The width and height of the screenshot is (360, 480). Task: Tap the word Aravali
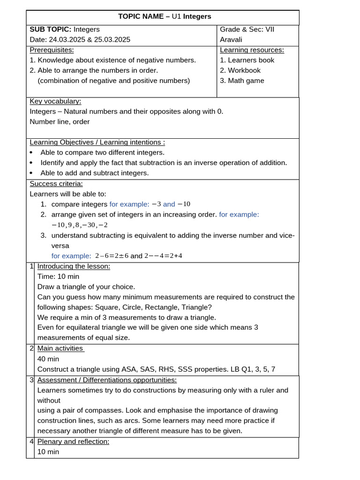pyautogui.click(x=233, y=39)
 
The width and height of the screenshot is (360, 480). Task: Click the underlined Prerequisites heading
pyautogui.click(x=52, y=50)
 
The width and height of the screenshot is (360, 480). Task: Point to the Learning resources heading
pyautogui.click(x=252, y=50)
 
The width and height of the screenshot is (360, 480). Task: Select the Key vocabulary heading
pyautogui.click(x=55, y=101)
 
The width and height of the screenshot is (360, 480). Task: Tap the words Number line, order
pyautogui.click(x=60, y=122)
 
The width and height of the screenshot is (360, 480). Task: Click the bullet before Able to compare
pyautogui.click(x=31, y=153)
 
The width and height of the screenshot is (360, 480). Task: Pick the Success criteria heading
pyautogui.click(x=56, y=184)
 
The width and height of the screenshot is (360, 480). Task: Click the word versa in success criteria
pyautogui.click(x=60, y=246)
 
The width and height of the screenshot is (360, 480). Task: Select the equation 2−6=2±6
pyautogui.click(x=112, y=256)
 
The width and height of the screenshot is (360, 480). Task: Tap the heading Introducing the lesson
pyautogui.click(x=74, y=266)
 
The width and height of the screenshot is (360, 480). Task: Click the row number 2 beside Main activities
pyautogui.click(x=31, y=348)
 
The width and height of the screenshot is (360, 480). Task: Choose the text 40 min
pyautogui.click(x=48, y=359)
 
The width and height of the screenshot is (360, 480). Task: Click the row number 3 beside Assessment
pyautogui.click(x=31, y=380)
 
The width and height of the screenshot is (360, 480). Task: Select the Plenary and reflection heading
pyautogui.click(x=73, y=442)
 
